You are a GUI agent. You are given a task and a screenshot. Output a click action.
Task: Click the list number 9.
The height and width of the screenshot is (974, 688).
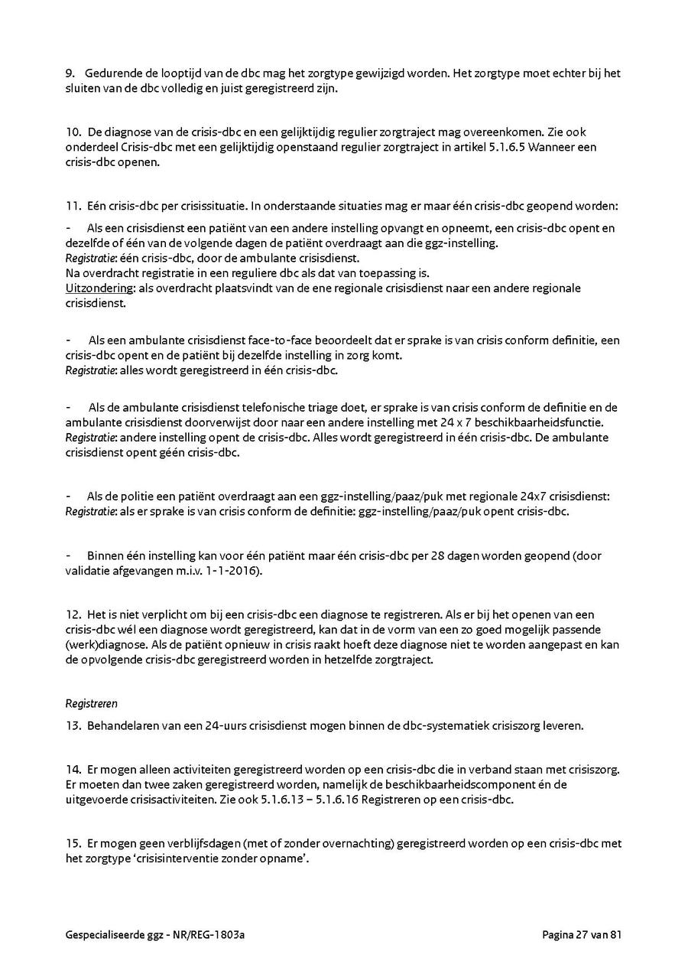[x=69, y=73]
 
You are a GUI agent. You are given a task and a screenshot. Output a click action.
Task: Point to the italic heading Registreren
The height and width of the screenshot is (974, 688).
[x=91, y=703]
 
